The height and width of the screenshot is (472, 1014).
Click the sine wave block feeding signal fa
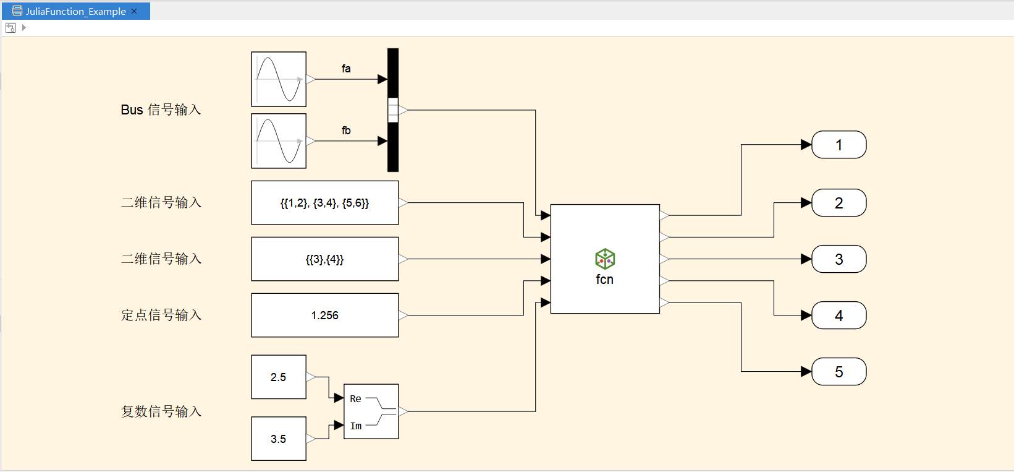pyautogui.click(x=279, y=79)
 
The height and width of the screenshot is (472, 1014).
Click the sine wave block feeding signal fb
pyautogui.click(x=279, y=141)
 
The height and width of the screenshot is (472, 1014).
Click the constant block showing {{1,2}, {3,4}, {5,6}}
pyautogui.click(x=324, y=203)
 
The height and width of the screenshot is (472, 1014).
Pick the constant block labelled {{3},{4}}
pyautogui.click(x=324, y=259)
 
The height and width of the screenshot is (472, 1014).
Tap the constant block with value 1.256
pyautogui.click(x=324, y=315)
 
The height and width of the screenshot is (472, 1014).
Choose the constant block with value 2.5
pyautogui.click(x=279, y=377)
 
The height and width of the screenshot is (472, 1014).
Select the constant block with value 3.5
pyautogui.click(x=279, y=439)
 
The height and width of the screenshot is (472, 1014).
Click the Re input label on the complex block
pyautogui.click(x=355, y=399)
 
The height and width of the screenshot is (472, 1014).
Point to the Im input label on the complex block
pyautogui.click(x=356, y=426)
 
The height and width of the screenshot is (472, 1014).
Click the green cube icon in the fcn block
pyautogui.click(x=605, y=259)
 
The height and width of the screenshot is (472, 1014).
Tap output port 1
pyautogui.click(x=839, y=145)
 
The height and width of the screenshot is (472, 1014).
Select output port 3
pyautogui.click(x=839, y=259)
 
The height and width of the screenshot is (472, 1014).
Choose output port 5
pyautogui.click(x=839, y=372)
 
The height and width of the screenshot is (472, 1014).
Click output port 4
pyautogui.click(x=839, y=315)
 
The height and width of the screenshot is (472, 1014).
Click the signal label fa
pyautogui.click(x=346, y=69)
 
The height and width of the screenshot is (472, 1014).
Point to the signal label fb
pyautogui.click(x=346, y=131)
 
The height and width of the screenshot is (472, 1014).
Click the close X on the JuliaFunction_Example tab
pyautogui.click(x=134, y=11)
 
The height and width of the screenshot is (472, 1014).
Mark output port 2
pyautogui.click(x=839, y=203)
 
